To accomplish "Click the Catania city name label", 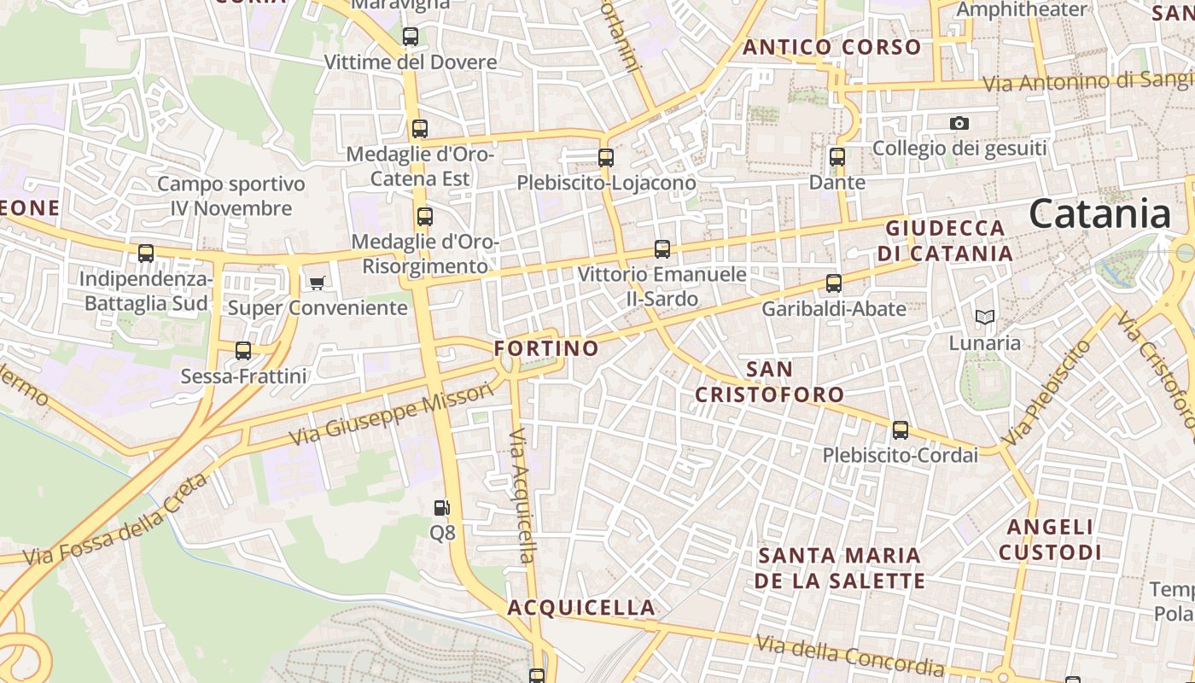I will [1099, 213].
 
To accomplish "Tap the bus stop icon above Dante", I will [836, 157].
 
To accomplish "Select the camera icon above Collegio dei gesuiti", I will [959, 123].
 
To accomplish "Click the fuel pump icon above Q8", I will [442, 508].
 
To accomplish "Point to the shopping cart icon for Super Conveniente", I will [318, 283].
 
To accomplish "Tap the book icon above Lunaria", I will [985, 317].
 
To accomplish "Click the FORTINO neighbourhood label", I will [546, 348].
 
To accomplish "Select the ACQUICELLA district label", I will [581, 608].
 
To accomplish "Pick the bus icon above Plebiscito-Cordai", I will [900, 429].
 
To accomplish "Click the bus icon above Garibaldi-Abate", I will [834, 283].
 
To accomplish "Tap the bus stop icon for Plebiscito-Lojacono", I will [606, 158].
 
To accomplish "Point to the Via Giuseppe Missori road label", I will [392, 415].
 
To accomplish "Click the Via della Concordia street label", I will [850, 656].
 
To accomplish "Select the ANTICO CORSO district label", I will [832, 47].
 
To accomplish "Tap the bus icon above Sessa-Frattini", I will [243, 350].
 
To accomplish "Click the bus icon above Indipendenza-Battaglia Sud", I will [146, 254].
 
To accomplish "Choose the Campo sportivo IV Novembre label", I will [230, 196].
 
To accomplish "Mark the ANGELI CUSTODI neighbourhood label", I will [1050, 540].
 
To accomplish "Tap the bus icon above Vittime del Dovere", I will [411, 37].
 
